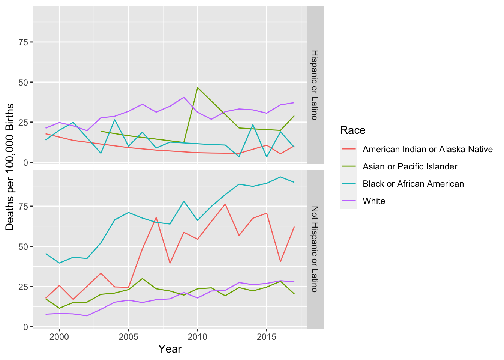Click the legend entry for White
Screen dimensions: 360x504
pos(374,201)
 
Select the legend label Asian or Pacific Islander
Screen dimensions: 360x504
pos(410,166)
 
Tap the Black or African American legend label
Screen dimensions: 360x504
pos(413,184)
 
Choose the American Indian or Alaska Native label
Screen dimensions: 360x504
pos(427,149)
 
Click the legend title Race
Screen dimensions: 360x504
pos(352,130)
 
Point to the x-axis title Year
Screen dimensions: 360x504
pos(170,349)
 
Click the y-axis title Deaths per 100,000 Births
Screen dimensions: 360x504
pos(10,167)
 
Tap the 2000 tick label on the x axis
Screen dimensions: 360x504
pos(59,336)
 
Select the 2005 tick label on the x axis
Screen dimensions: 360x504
pos(128,336)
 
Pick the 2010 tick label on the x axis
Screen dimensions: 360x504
pos(198,336)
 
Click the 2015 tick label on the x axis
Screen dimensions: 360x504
pos(267,336)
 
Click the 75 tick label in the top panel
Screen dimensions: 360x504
pos(23,42)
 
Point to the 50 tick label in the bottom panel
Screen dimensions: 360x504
pos(23,246)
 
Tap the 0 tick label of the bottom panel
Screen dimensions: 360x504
pos(25,327)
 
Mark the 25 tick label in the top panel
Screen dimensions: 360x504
pos(23,122)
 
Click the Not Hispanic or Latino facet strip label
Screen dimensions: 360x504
pos(315,249)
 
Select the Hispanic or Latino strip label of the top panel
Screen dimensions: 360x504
pos(315,85)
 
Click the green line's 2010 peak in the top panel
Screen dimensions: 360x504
pos(198,87)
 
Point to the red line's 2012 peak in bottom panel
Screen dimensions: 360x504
pos(225,204)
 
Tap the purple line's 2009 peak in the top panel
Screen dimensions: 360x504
pos(184,97)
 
